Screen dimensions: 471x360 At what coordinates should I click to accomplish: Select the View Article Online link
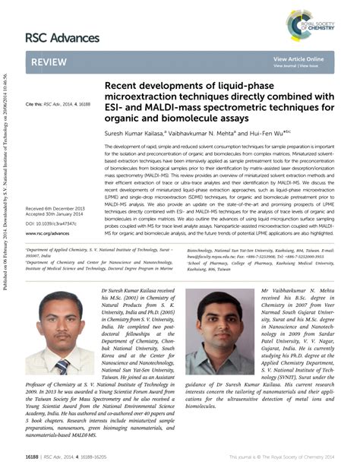click(x=298, y=58)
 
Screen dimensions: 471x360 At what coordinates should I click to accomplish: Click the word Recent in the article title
click(x=123, y=87)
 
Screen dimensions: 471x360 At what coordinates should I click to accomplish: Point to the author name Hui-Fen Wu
click(x=258, y=131)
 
